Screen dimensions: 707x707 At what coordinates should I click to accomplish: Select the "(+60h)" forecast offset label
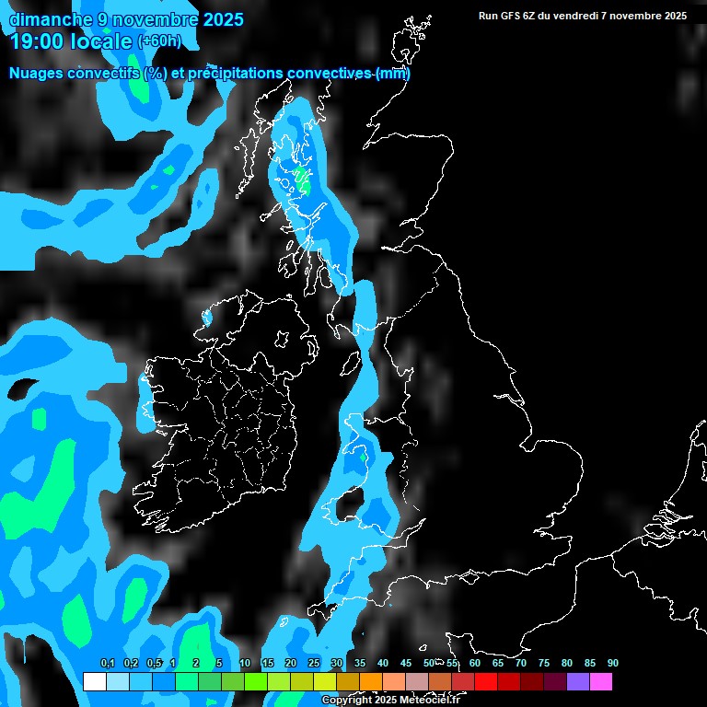tap(160, 41)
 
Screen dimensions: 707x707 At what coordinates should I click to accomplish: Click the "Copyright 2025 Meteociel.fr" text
tap(390, 701)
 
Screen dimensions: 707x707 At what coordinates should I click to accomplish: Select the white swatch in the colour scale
tap(94, 682)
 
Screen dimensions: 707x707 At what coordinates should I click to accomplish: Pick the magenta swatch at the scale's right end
tap(601, 682)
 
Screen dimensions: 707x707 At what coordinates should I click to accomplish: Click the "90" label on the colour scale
tap(612, 664)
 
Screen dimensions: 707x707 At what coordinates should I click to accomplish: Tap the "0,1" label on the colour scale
tap(107, 664)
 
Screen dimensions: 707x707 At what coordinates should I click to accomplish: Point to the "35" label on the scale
tap(359, 664)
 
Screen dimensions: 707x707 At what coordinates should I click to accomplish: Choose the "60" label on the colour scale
tap(474, 664)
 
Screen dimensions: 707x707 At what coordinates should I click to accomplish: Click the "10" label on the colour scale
tap(244, 664)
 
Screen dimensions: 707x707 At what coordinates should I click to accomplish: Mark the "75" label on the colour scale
tap(543, 664)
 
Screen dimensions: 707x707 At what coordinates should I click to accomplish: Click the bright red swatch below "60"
tap(486, 682)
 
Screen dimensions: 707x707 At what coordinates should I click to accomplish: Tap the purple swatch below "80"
tap(578, 682)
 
